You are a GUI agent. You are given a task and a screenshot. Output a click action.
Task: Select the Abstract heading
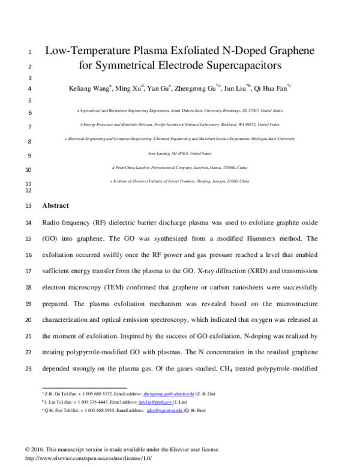coord(56,205)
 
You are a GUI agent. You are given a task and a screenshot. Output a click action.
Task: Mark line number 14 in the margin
coord(29,222)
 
